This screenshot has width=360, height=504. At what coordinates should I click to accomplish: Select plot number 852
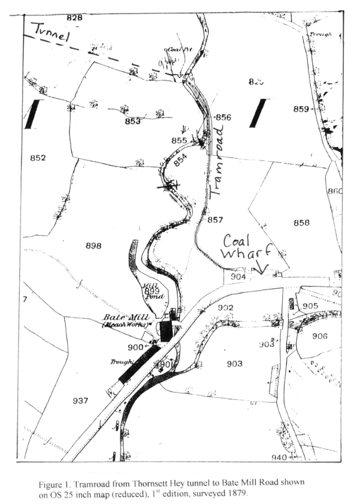point(38,158)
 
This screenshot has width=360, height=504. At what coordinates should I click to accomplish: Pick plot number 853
point(133,122)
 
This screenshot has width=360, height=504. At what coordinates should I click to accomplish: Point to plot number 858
point(301,223)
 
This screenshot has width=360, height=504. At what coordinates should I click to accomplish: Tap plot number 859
point(301,109)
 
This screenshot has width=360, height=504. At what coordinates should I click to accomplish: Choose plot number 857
point(215,220)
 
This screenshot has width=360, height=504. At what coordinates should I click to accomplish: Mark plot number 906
point(320,336)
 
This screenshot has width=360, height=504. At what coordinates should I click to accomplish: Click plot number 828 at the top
point(74,18)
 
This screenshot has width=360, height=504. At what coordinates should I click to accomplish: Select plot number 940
point(279,457)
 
